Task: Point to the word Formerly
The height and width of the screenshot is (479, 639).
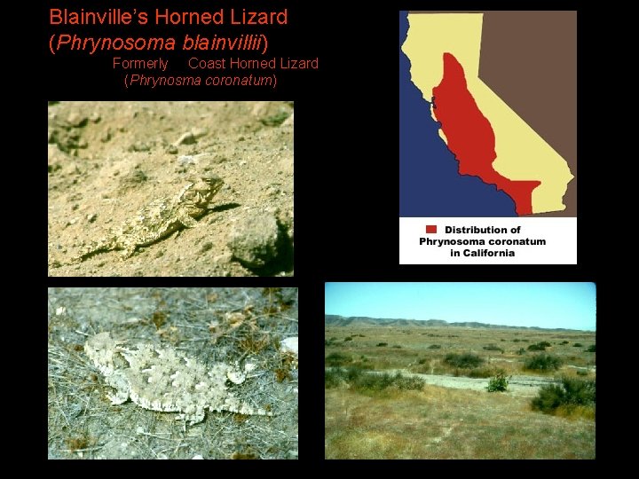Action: point(140,63)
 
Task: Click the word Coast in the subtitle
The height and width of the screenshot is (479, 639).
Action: point(207,63)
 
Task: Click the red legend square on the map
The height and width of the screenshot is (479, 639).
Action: point(430,230)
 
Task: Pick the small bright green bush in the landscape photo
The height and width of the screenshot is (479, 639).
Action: point(498,383)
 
